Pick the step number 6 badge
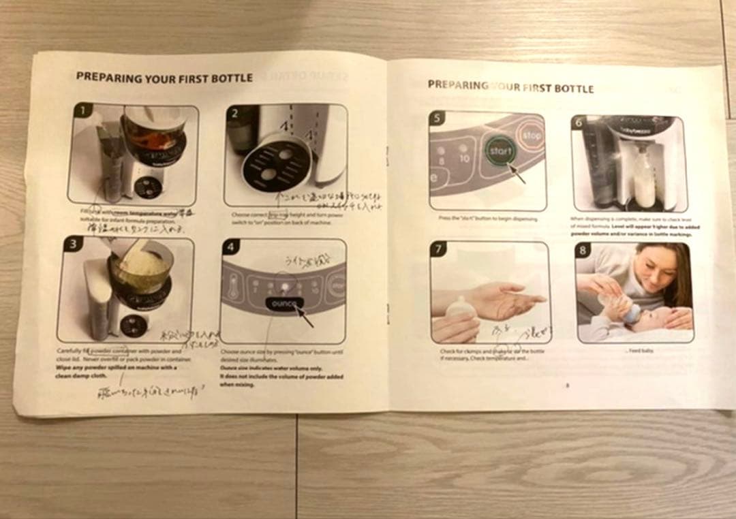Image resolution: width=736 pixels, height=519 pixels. pyautogui.click(x=580, y=122)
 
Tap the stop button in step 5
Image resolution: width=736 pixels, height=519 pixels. pyautogui.click(x=532, y=136)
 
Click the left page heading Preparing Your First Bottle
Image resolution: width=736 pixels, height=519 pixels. pyautogui.click(x=164, y=78)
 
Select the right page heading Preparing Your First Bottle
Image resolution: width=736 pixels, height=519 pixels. pyautogui.click(x=510, y=86)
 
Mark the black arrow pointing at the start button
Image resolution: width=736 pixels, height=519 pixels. pyautogui.click(x=517, y=174)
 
